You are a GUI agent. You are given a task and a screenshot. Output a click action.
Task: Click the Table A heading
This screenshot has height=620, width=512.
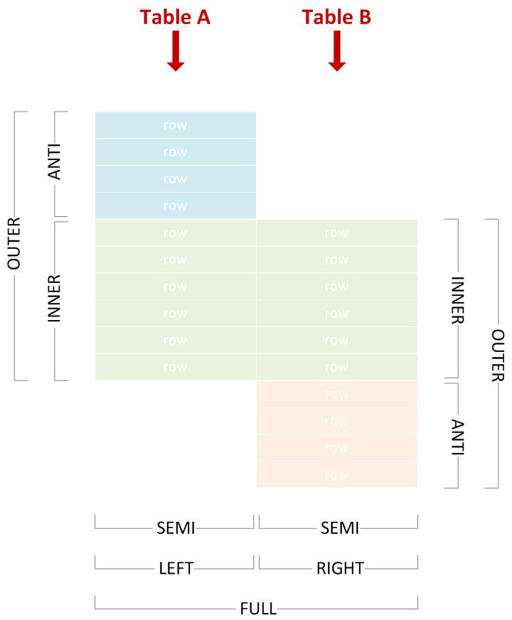pyautogui.click(x=175, y=16)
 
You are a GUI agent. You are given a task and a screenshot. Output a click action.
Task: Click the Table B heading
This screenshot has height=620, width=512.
pyautogui.click(x=336, y=16)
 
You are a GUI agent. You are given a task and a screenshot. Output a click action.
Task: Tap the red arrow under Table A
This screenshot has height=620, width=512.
pyautogui.click(x=176, y=51)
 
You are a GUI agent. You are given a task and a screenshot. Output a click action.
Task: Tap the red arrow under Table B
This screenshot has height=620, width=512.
pyautogui.click(x=337, y=51)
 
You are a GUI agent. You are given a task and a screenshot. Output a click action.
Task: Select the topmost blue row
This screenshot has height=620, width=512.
pyautogui.click(x=175, y=125)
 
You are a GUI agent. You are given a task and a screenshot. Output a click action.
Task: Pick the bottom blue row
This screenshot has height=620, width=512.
pyautogui.click(x=175, y=205)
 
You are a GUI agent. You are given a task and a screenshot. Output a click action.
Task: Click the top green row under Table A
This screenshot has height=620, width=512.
pyautogui.click(x=175, y=232)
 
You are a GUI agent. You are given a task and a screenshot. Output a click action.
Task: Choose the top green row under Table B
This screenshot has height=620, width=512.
pyautogui.click(x=336, y=232)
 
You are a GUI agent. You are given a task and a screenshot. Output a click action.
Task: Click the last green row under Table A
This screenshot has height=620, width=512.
pyautogui.click(x=175, y=367)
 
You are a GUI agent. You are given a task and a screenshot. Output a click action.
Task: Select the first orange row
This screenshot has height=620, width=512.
pyautogui.click(x=336, y=394)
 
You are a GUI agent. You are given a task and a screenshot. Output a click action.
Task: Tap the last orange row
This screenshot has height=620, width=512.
pyautogui.click(x=336, y=474)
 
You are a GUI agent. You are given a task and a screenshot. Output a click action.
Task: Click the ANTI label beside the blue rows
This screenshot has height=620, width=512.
pyautogui.click(x=54, y=163)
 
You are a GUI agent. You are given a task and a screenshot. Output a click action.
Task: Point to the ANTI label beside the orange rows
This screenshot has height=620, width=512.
pyautogui.click(x=457, y=434)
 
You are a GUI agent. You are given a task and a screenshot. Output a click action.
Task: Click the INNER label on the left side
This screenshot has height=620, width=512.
pyautogui.click(x=54, y=299)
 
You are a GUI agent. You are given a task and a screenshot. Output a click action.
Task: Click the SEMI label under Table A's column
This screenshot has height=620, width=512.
pyautogui.click(x=176, y=528)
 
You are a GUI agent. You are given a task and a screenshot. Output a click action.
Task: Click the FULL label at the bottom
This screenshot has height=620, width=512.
pyautogui.click(x=257, y=609)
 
